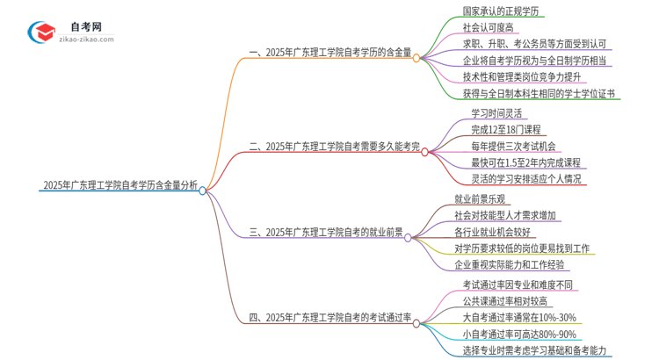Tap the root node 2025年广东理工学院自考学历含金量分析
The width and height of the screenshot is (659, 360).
coord(119,186)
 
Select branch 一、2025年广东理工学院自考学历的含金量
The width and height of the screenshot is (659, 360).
coord(330,54)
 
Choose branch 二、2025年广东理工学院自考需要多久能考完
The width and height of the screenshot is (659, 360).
coord(334,147)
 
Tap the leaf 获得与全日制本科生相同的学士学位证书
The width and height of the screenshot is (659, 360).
coord(538,92)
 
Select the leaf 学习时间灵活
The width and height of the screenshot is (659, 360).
coord(496,113)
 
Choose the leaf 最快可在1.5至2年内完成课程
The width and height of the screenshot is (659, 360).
coord(526,162)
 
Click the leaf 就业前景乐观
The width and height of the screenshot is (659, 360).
coord(482,199)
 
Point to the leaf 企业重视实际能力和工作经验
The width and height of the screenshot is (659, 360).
coord(510,264)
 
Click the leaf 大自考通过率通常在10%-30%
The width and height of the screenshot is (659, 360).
coord(518,317)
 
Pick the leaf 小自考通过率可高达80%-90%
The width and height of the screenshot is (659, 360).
coord(519,334)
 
